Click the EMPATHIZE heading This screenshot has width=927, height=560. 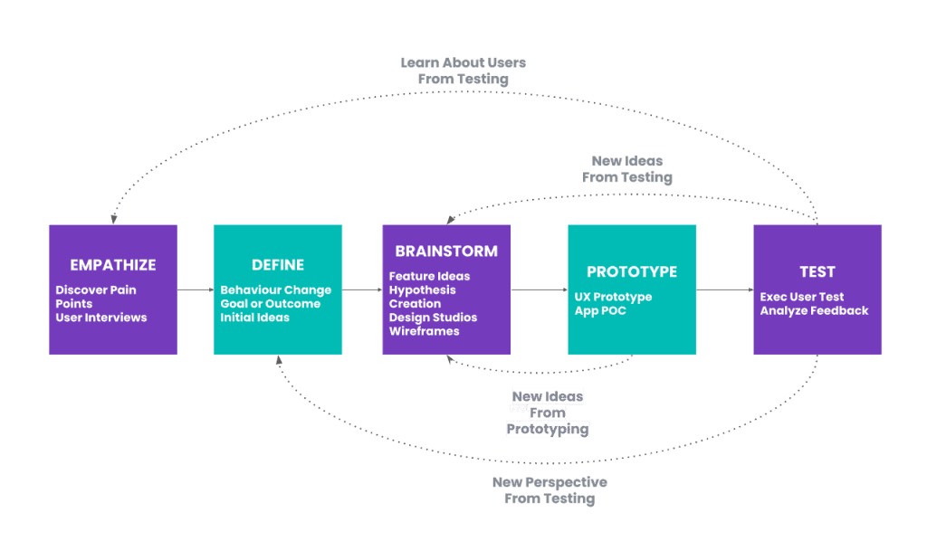113,265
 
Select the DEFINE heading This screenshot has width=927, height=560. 278,265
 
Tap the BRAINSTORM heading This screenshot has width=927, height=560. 446,252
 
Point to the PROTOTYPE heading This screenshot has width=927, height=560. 632,272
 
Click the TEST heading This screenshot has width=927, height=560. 817,272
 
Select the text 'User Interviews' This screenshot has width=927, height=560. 101,318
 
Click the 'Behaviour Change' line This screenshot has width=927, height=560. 276,290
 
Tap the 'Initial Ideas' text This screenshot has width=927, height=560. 255,318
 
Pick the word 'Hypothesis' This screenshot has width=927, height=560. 423,290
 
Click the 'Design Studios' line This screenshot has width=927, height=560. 433,318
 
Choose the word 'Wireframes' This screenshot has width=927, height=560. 425,331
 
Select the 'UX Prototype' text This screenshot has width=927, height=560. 613,297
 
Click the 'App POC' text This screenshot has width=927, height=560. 600,311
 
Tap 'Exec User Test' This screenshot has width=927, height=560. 802,297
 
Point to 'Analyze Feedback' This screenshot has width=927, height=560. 814,311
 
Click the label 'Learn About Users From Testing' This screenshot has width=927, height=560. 463,71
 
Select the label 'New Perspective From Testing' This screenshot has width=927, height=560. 550,490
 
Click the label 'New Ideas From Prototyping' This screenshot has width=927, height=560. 548,413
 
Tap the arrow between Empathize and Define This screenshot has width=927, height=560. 195,289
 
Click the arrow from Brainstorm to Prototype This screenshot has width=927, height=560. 539,289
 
